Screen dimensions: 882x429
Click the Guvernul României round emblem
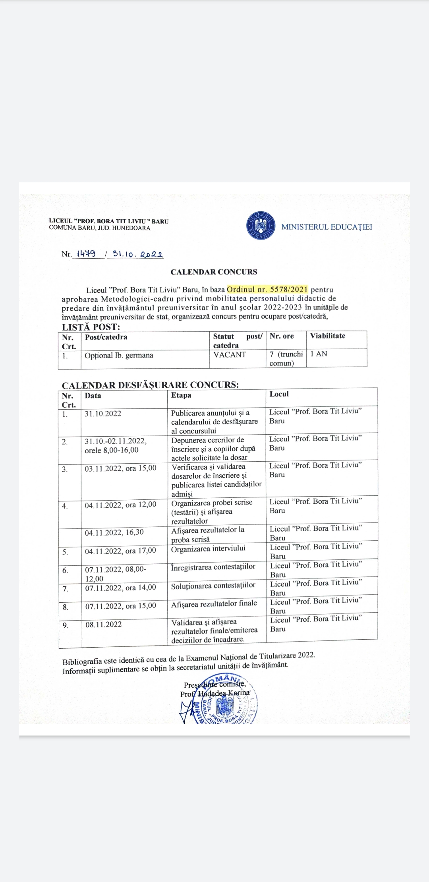pos(261,225)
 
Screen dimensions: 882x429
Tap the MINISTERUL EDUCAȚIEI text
pos(327,227)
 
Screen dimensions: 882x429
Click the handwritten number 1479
pos(86,254)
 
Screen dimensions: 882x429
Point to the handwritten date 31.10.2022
pos(137,254)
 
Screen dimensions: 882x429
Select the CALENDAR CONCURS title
pos(214,272)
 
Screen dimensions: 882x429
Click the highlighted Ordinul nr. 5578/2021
pos(267,289)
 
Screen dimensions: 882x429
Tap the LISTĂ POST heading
pos(91,327)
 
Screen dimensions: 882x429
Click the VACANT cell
pos(230,354)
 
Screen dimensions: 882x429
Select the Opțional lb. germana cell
pos(119,355)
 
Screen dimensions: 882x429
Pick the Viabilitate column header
pos(328,336)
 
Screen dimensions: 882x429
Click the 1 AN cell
pos(319,354)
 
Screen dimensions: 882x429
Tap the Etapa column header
pos(181,395)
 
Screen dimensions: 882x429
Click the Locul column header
pos(279,394)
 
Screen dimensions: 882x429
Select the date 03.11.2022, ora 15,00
pos(120,468)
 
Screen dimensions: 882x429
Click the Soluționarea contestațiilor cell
pos(213,585)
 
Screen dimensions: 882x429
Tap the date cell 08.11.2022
pos(103,624)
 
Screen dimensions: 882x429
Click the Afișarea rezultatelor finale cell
pos(214,603)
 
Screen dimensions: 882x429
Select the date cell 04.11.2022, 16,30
pos(114,532)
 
